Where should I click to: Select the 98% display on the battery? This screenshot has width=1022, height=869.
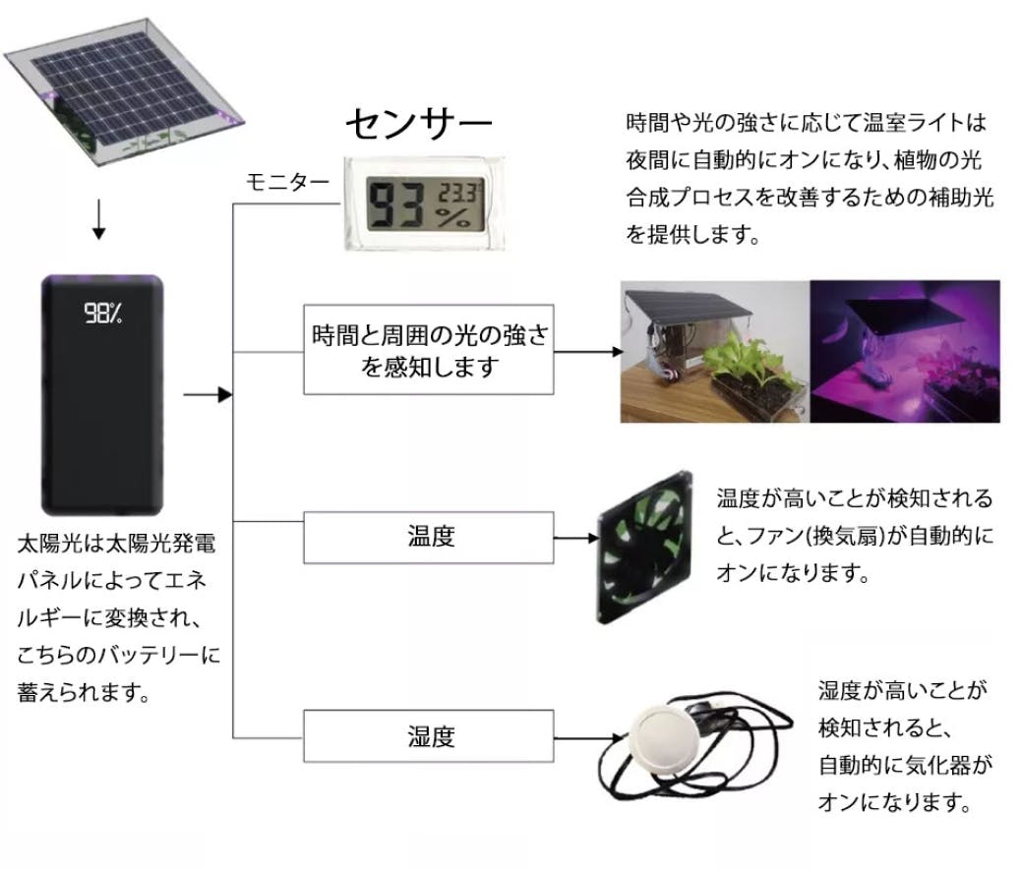coord(103,314)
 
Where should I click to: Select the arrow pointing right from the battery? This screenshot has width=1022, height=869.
coord(207,395)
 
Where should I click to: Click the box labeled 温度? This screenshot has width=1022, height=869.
coord(430,537)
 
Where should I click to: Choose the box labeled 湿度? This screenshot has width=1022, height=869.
coord(430,736)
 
